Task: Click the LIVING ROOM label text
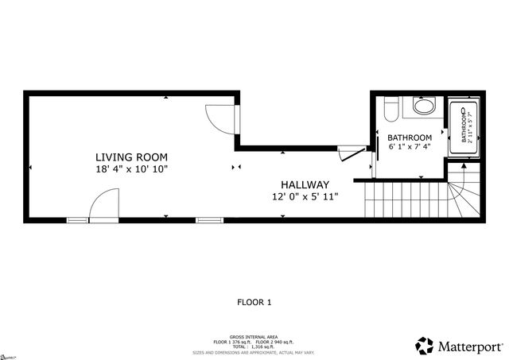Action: (132, 157)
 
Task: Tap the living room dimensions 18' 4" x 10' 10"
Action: (132, 169)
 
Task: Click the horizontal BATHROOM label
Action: (410, 137)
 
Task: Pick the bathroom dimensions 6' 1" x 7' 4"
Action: (410, 147)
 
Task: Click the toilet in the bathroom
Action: (389, 107)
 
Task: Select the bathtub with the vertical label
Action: (461, 127)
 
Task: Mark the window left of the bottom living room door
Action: (77, 219)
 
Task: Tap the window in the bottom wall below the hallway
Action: (208, 219)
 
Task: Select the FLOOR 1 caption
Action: (254, 302)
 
